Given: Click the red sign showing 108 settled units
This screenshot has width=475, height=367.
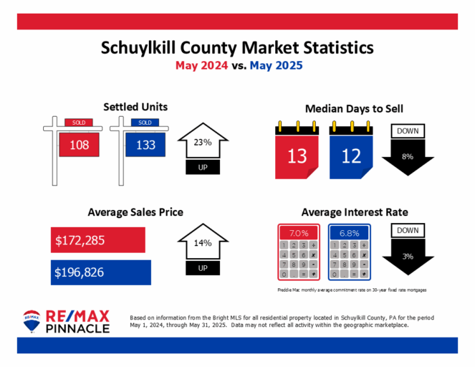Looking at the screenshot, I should (78, 146).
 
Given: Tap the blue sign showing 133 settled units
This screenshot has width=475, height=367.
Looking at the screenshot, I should (144, 146).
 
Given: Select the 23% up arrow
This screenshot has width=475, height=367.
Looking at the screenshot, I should (202, 147).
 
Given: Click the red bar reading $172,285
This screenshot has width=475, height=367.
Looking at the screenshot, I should (99, 239).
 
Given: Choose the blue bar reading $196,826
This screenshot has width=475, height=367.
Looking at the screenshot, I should (101, 272).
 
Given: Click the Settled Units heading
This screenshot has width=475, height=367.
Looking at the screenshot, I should (135, 107).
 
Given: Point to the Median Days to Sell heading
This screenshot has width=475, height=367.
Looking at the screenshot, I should (354, 109).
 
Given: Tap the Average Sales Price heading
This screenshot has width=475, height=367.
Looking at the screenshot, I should (135, 212).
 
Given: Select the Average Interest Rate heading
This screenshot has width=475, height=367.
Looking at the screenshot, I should (355, 212).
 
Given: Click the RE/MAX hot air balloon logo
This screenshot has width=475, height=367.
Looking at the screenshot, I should (32, 322).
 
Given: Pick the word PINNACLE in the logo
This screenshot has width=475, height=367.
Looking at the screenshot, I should (77, 328).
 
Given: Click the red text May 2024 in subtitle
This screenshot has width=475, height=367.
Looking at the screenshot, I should (204, 65).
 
